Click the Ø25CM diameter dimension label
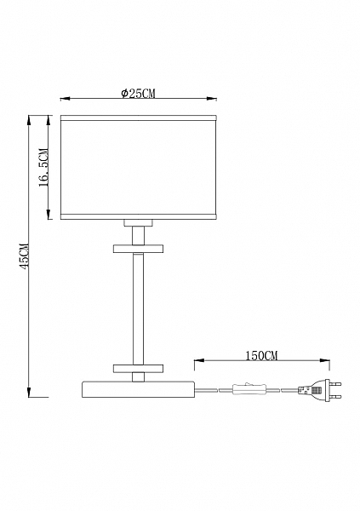pos(139,94)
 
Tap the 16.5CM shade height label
pos(44,168)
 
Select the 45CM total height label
pos(25,255)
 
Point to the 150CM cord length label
pos(261,355)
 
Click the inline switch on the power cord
pos(249,389)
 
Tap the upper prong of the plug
pos(334,384)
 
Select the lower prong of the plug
pos(334,397)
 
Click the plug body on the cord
pos(311,390)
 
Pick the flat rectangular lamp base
pos(138,389)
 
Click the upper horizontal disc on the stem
pos(138,249)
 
